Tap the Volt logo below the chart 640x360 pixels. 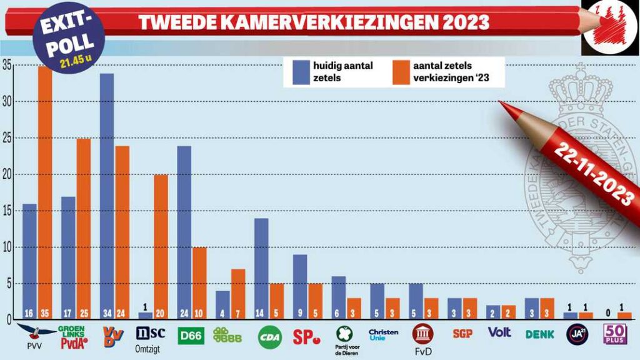coord(499,332)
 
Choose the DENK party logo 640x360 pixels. coord(540,334)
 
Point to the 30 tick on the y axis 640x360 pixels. coord(6,102)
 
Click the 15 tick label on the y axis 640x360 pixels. coord(6,211)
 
